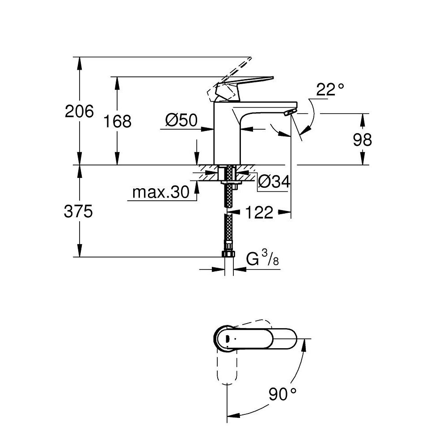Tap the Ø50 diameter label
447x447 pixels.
[181, 120]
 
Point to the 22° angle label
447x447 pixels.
[330, 89]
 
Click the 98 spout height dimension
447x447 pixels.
[362, 140]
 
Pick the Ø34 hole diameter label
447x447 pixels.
[274, 181]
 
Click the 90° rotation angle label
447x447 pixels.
[283, 394]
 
